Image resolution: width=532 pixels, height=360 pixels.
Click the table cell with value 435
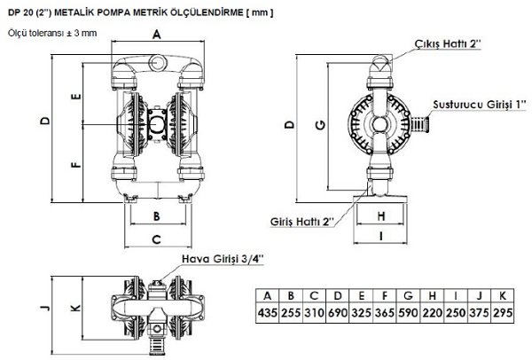pos(268,312)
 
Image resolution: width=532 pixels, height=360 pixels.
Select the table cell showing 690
pos(338,312)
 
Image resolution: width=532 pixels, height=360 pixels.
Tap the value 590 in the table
pos(408,312)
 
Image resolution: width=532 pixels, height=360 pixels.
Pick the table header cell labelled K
pos(502,296)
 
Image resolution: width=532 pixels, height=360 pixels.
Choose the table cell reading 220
pos(432,312)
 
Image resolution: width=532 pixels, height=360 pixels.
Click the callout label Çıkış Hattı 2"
pos(448,43)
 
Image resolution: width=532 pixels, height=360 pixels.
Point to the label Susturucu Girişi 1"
pos(480,104)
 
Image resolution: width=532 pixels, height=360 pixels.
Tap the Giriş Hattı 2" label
pos(302,222)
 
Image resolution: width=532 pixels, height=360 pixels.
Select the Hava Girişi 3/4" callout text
pos(223,259)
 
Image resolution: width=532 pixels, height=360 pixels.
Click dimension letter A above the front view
pos(156,34)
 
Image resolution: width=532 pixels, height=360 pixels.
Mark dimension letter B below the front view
pos(156,216)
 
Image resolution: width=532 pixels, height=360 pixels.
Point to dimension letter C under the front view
pos(156,239)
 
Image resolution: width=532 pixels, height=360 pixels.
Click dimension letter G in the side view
pos(320,125)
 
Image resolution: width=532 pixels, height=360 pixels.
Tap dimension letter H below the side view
pos(381,216)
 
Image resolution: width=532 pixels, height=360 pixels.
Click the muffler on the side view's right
pos(419,124)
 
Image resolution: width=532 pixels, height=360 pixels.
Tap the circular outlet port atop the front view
pos(158,63)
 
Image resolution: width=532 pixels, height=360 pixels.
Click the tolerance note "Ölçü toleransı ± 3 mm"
pos(52,34)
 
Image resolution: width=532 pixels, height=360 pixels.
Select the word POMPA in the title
pos(107,13)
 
